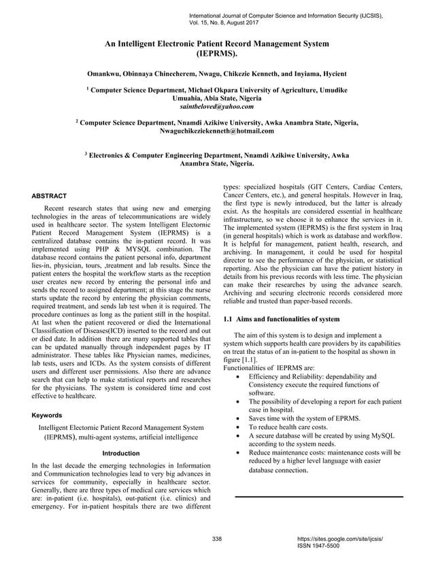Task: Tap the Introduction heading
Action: (120, 452)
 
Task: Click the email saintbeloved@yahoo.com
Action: (216, 107)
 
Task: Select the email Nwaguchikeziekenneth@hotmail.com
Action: (216, 131)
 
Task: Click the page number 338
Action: (217, 539)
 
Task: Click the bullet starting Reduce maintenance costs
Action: (324, 452)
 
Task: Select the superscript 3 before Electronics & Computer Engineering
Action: (85, 154)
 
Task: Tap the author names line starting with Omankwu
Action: (216, 71)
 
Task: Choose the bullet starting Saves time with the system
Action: (304, 418)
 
